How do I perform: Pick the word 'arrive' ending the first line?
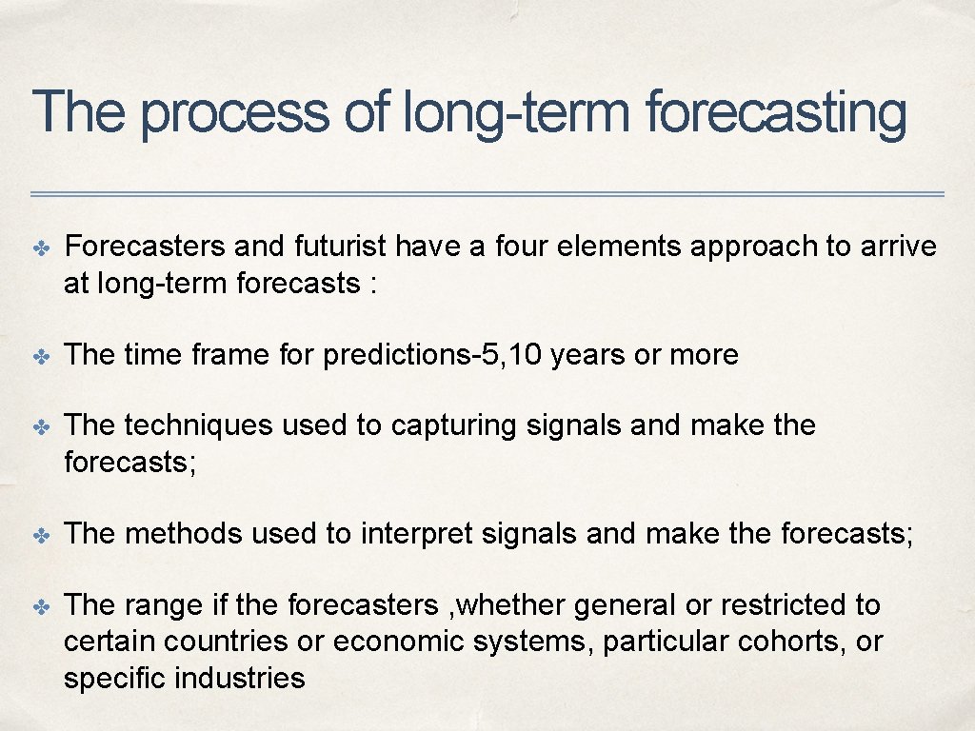click(898, 247)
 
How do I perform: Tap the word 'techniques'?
click(199, 425)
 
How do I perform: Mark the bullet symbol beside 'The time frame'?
click(40, 356)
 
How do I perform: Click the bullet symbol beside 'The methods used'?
click(40, 535)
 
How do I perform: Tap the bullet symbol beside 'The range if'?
click(40, 605)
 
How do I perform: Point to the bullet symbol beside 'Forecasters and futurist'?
click(40, 247)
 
